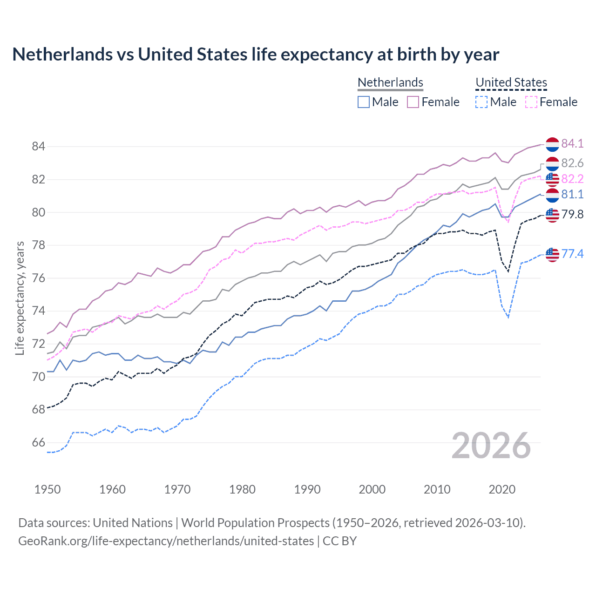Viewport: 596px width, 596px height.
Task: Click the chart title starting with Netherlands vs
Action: [256, 54]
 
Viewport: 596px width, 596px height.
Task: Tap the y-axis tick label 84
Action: [38, 147]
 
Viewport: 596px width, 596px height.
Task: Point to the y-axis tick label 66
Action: [38, 443]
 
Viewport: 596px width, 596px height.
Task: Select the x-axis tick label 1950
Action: [47, 489]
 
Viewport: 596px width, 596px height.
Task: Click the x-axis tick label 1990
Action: [307, 489]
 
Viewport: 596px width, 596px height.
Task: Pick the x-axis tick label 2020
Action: [502, 489]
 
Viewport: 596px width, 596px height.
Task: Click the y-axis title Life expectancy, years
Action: [20, 298]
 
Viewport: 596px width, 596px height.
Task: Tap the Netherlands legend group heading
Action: [390, 82]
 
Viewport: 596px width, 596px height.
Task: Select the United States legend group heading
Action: [511, 82]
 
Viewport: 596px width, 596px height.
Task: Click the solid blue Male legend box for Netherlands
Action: [364, 102]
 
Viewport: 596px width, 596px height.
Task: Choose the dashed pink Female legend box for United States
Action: [531, 102]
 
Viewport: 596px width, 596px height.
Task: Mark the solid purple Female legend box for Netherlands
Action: [413, 102]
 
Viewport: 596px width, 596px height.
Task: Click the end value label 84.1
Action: [572, 143]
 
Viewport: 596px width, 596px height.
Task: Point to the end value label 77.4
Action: [572, 254]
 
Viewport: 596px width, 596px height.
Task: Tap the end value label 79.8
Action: [572, 214]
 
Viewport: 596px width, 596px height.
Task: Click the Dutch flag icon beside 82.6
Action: [552, 164]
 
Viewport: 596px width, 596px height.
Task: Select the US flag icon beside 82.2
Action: [552, 179]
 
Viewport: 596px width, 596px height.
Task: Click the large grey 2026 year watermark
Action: [491, 446]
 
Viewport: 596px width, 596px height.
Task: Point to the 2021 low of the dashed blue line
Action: [508, 318]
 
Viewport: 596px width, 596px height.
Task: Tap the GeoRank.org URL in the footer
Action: [166, 541]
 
